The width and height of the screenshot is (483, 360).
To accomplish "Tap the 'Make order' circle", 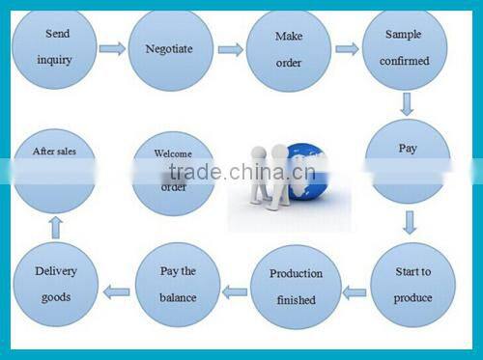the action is coord(288,48).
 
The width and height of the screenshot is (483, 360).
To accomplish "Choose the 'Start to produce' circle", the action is coord(412,287).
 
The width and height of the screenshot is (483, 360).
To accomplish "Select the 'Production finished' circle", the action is coord(296,287).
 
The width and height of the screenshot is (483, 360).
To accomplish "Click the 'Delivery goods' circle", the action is coord(56,285).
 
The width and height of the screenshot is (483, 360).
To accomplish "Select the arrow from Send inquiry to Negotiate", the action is coord(112,48).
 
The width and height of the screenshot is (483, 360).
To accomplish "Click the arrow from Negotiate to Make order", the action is coord(230,49).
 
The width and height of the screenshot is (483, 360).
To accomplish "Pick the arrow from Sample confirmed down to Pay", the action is coord(408,104).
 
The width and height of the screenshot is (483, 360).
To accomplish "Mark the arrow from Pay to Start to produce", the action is coord(410,224).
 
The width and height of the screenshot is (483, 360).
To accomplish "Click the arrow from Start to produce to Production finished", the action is coord(355,291).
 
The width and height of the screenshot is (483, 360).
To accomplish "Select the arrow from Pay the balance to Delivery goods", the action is coord(117,290).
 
